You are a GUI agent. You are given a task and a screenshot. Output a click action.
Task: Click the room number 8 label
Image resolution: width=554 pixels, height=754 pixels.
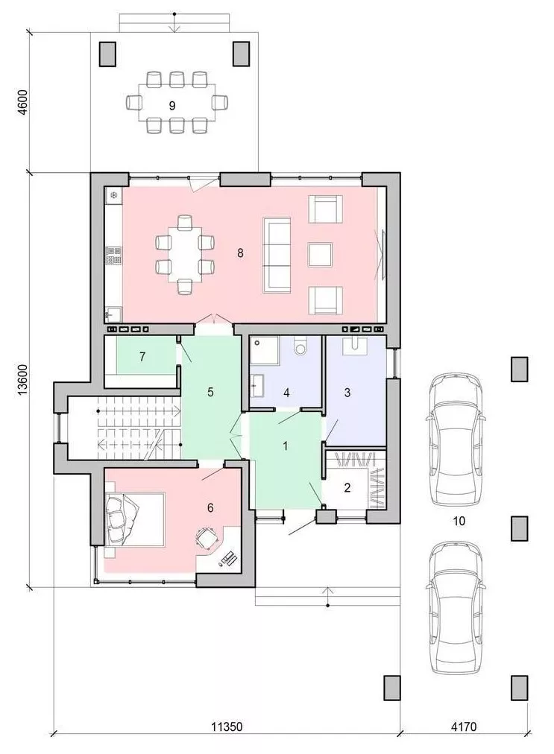(x=240, y=253)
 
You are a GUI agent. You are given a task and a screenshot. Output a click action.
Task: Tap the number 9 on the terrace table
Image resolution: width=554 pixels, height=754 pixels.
(x=171, y=106)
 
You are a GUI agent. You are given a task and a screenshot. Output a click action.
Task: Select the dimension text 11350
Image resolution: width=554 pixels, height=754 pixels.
(x=227, y=727)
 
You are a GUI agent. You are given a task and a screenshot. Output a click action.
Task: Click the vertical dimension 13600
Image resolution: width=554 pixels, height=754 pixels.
(x=22, y=380)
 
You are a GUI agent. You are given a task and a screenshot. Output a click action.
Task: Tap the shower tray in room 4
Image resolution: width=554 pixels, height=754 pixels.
(x=265, y=349)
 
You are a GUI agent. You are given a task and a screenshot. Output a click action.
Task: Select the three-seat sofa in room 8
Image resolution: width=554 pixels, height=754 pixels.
(x=277, y=255)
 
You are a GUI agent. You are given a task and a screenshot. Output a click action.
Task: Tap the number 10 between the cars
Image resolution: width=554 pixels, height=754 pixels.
(x=459, y=521)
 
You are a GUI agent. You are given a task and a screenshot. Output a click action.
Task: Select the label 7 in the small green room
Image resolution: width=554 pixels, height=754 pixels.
(x=142, y=357)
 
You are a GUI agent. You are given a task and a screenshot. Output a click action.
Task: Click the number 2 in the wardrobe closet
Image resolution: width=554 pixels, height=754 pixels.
(x=347, y=488)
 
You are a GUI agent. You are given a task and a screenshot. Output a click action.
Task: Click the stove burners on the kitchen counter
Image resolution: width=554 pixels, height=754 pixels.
(x=113, y=255)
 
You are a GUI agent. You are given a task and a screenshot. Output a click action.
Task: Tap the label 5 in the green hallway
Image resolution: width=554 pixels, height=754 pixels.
(x=210, y=392)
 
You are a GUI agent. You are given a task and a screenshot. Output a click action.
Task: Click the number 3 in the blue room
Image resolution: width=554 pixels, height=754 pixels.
(x=347, y=393)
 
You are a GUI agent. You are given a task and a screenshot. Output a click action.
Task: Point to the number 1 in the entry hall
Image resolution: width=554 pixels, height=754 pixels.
(x=286, y=446)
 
